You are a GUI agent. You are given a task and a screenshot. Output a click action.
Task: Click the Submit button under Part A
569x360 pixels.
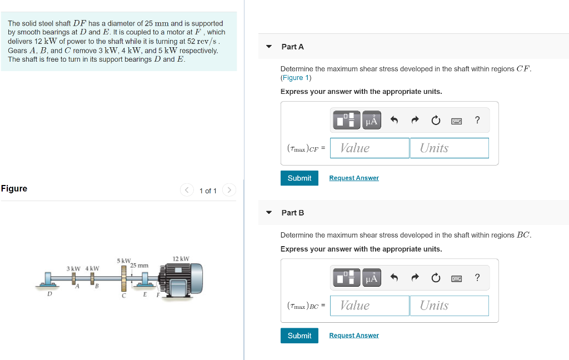[x=300, y=178]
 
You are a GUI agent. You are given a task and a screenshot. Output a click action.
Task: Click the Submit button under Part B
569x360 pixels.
[x=300, y=336]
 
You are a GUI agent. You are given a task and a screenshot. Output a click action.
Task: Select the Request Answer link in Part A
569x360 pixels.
[x=354, y=178]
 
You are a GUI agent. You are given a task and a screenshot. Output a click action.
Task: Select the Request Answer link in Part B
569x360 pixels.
[x=354, y=336]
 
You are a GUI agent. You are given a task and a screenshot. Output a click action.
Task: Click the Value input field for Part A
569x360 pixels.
[x=370, y=148]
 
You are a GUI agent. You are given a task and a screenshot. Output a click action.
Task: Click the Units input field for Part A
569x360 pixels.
[x=449, y=148]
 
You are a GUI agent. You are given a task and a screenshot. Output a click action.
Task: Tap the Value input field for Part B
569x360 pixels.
[x=370, y=306]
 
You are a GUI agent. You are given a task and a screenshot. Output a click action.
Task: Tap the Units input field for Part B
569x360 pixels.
[x=449, y=306]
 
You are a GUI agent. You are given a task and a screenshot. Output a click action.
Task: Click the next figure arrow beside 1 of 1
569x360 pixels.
[x=229, y=190]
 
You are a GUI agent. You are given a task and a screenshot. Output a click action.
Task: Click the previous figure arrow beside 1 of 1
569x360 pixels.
[x=187, y=190]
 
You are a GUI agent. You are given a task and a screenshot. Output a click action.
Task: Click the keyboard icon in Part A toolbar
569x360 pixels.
[x=457, y=121]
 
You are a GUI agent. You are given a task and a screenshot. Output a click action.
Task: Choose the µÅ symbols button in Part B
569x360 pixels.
[x=372, y=278]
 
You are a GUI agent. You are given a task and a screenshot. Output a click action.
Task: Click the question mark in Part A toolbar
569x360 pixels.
[x=477, y=120]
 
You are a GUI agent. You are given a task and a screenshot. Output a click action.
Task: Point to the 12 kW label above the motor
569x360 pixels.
[x=181, y=259]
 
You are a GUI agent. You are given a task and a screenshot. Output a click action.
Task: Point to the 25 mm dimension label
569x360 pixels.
[x=139, y=266]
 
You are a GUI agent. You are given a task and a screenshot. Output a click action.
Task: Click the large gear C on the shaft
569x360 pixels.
[x=124, y=278]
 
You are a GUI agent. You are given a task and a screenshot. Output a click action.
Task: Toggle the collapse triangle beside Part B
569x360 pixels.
[x=269, y=212]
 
